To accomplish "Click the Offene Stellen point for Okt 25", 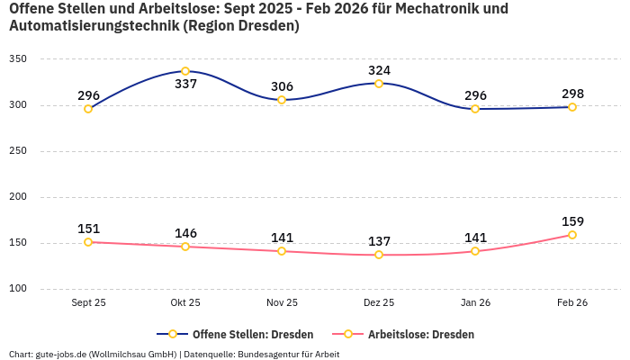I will coord(185,71).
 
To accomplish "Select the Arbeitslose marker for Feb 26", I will coord(572,235).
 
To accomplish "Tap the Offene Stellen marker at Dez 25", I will coord(379,84).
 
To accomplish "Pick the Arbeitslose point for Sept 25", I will coord(88,242).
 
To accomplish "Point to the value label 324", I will coord(379,70).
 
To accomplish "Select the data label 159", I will coord(572,221).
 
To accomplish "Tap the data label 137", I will coord(379,241).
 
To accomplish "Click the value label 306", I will coord(282,86).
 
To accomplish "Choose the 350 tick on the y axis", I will coord(18,59).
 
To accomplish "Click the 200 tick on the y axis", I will coord(18,197).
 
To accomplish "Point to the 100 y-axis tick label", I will coord(18,289).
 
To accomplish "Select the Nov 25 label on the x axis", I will coord(282,303).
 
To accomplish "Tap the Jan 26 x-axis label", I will coord(475,303).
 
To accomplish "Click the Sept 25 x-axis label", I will coord(88,303).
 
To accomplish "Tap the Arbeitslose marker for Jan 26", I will coord(475,251).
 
